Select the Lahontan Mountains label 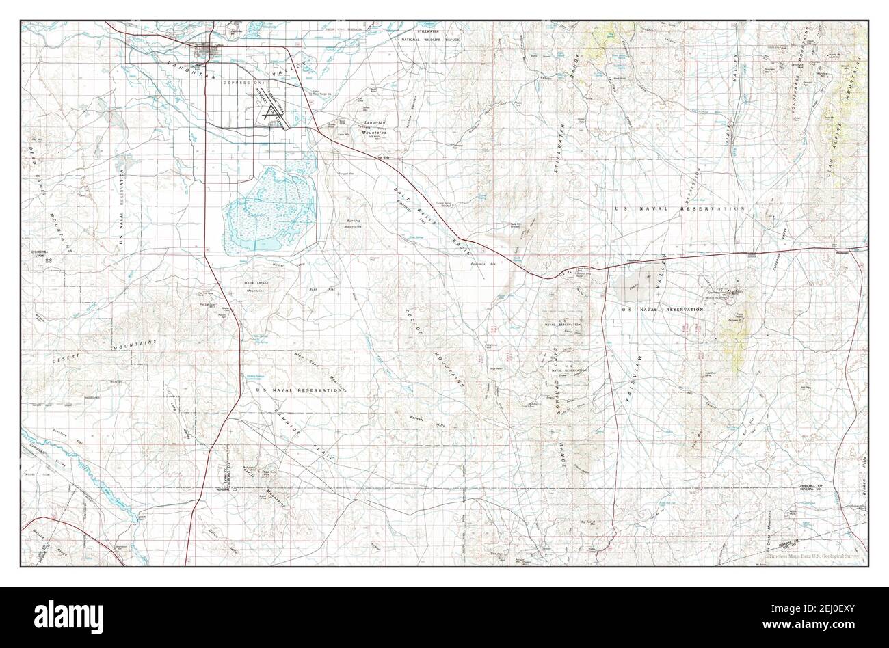point(375,126)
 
